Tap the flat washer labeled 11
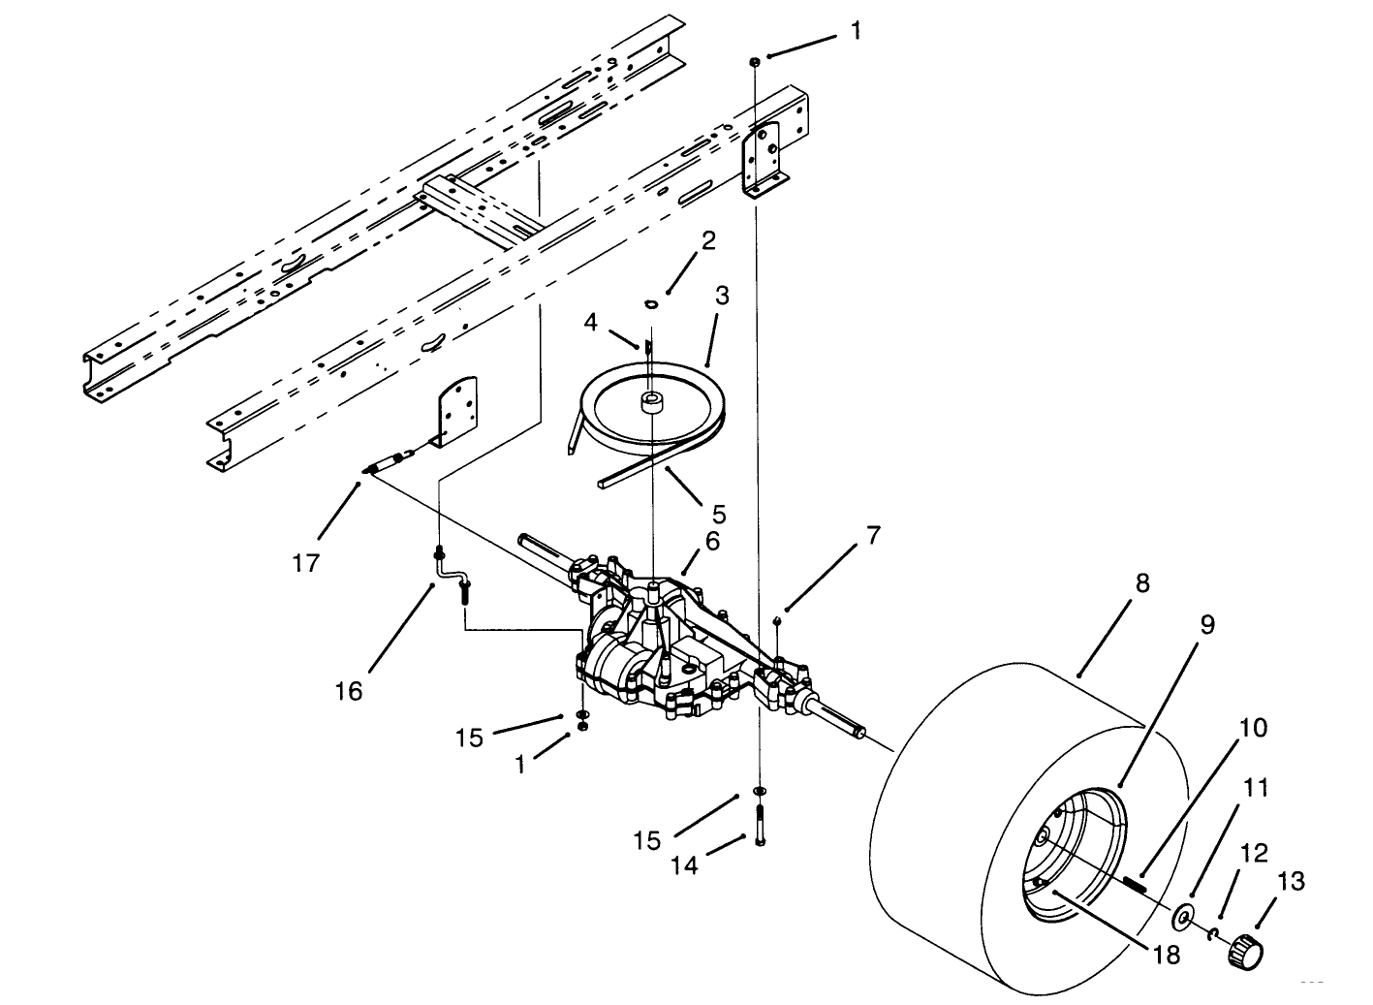pyautogui.click(x=1182, y=916)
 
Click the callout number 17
pyautogui.click(x=306, y=562)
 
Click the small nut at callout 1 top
pyautogui.click(x=754, y=61)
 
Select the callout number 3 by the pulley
pyautogui.click(x=721, y=295)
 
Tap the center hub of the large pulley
pyautogui.click(x=649, y=400)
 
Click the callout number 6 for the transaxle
pyautogui.click(x=712, y=541)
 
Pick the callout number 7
pyautogui.click(x=873, y=535)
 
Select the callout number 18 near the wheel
pyautogui.click(x=1168, y=954)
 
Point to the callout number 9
pyautogui.click(x=1206, y=624)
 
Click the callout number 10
pyautogui.click(x=1253, y=727)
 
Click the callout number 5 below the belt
pyautogui.click(x=718, y=513)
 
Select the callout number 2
pyautogui.click(x=708, y=240)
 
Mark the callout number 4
pyautogui.click(x=591, y=321)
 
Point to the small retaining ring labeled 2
pyautogui.click(x=651, y=304)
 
